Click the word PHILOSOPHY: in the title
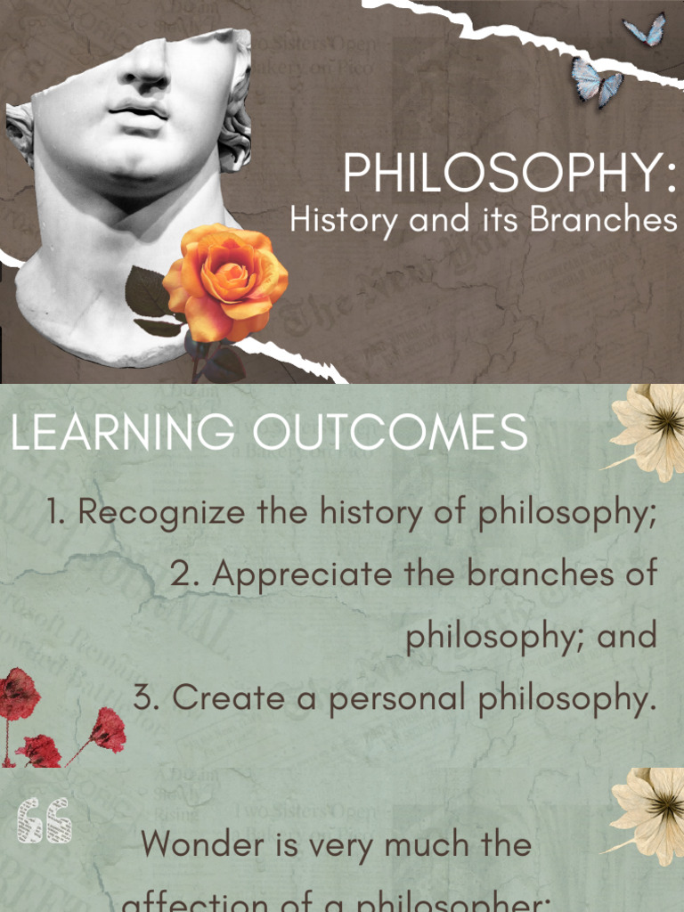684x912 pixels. [x=509, y=173]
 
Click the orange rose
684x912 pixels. [x=225, y=280]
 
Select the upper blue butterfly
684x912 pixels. [x=645, y=30]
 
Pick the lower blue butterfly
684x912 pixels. [x=595, y=83]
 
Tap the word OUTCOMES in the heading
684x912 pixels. [x=389, y=433]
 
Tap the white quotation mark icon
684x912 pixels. [x=44, y=820]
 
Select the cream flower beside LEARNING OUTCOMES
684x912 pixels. [x=649, y=427]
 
